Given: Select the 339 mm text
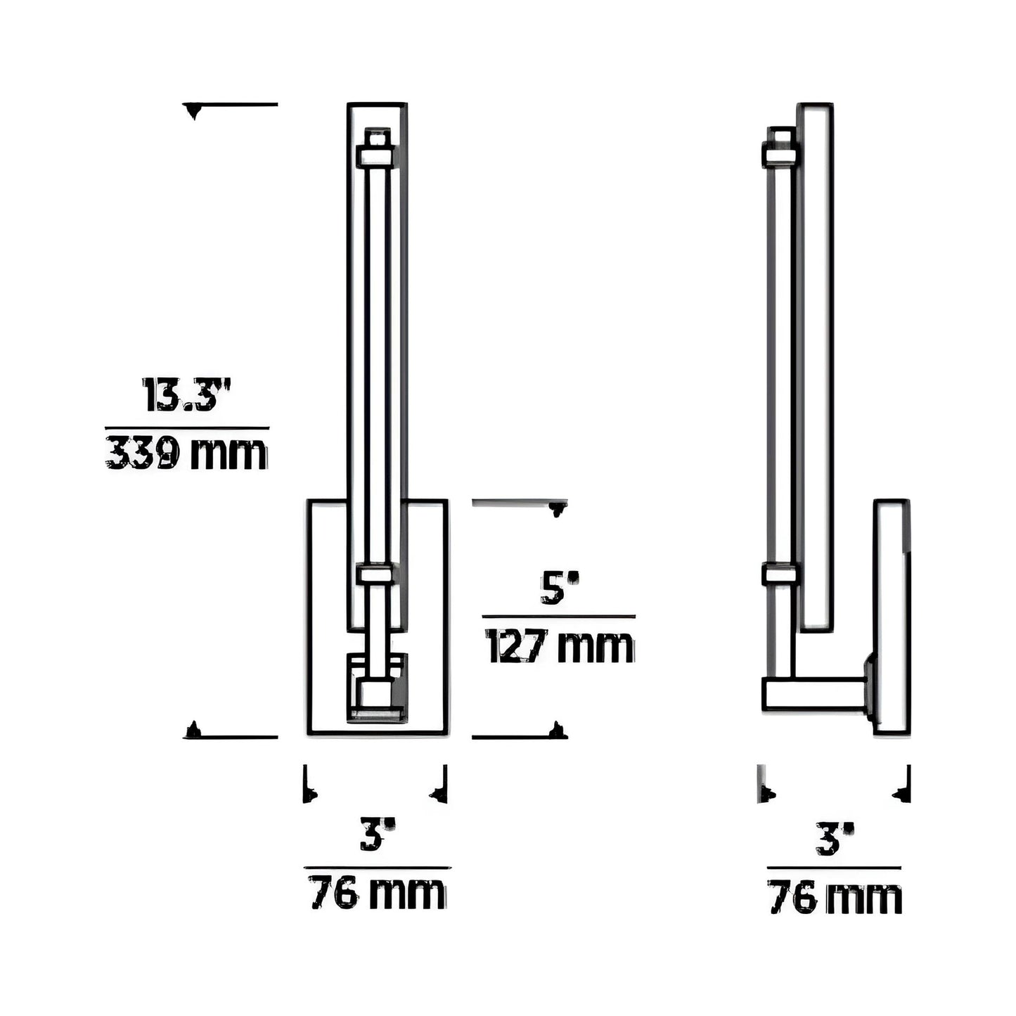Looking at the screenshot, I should (x=186, y=454).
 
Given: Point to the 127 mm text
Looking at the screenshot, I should (x=559, y=647).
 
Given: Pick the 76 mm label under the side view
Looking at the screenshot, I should (x=834, y=898).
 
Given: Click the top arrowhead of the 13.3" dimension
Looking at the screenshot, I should (x=193, y=110).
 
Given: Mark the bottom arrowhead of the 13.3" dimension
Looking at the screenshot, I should (x=193, y=731).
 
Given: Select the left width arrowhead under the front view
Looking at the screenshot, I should (x=309, y=795).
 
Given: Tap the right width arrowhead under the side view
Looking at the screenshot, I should (x=902, y=795).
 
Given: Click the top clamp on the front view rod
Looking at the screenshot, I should (x=376, y=155).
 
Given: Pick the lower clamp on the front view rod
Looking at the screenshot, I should (x=376, y=574).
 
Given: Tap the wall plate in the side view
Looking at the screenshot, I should (x=892, y=617).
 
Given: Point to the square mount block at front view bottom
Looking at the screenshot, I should (x=377, y=693).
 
